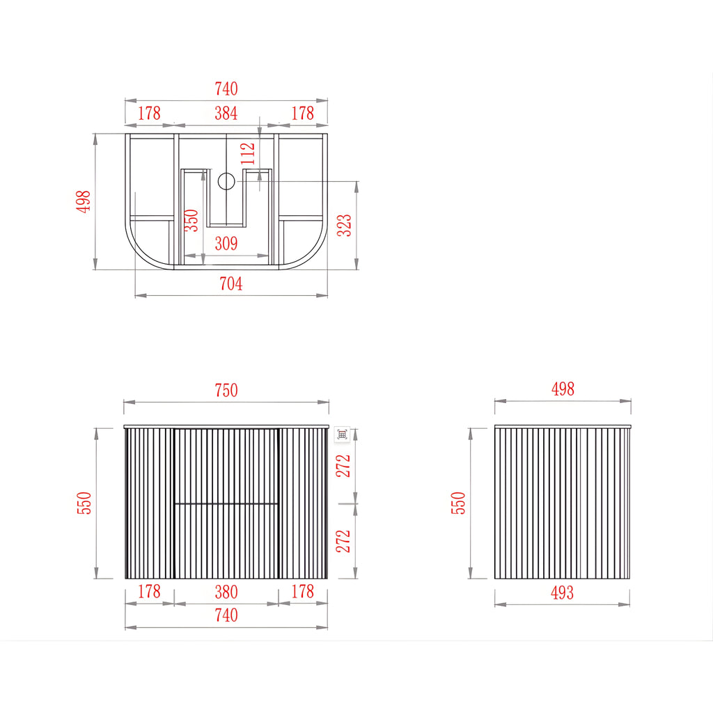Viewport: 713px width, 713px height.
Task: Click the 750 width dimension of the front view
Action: (226, 390)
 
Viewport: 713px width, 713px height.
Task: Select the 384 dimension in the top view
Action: (226, 113)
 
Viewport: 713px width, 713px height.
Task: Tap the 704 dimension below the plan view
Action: (231, 284)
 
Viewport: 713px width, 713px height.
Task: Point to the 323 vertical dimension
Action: (344, 225)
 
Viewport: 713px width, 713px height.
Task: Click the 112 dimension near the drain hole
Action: (248, 154)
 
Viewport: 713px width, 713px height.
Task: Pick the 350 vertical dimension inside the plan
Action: (191, 220)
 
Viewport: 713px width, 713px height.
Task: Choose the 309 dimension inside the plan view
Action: (226, 244)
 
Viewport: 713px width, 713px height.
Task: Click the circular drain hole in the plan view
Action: (226, 181)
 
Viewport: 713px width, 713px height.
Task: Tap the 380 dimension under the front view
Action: (226, 592)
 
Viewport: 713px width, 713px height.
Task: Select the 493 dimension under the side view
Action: (562, 593)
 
